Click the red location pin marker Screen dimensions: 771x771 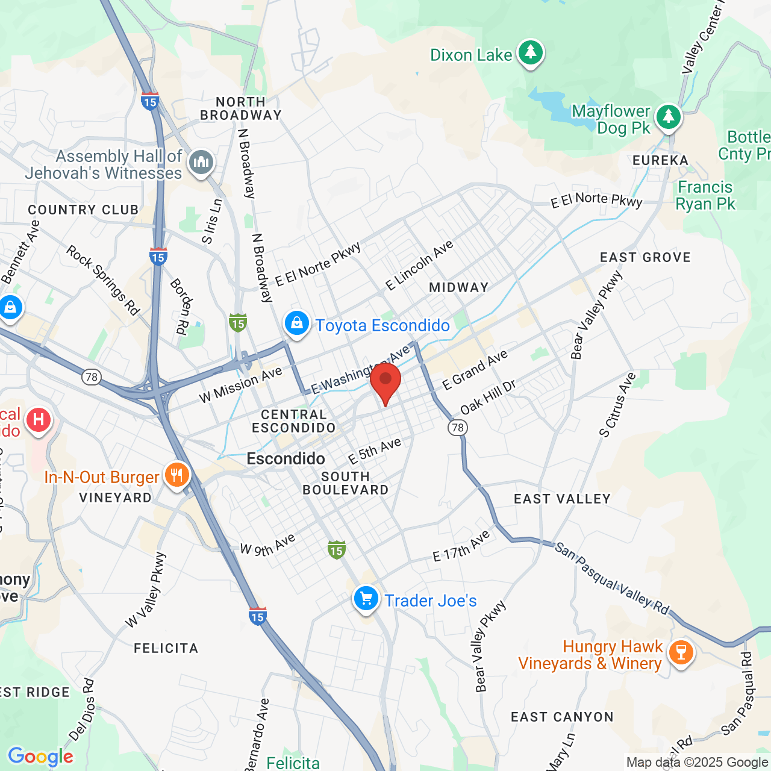pyautogui.click(x=385, y=382)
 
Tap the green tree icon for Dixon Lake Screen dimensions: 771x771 pyautogui.click(x=530, y=53)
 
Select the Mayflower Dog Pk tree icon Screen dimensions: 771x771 pyautogui.click(x=668, y=117)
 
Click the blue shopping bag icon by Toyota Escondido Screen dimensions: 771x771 pyautogui.click(x=297, y=323)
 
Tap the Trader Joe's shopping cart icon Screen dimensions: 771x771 pyautogui.click(x=366, y=599)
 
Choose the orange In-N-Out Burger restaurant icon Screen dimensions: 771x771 pyautogui.click(x=176, y=475)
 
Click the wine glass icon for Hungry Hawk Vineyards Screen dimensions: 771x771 pyautogui.click(x=681, y=652)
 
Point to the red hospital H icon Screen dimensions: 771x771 pyautogui.click(x=39, y=419)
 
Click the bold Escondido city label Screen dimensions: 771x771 pyautogui.click(x=286, y=459)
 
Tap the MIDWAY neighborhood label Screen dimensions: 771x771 pyautogui.click(x=458, y=288)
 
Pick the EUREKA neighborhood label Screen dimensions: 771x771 pyautogui.click(x=660, y=160)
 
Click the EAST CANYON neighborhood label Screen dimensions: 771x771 pyautogui.click(x=562, y=717)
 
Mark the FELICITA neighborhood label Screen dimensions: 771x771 pyautogui.click(x=166, y=648)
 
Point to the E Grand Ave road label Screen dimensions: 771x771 pyautogui.click(x=475, y=370)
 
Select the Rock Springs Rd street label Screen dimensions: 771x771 pyautogui.click(x=102, y=280)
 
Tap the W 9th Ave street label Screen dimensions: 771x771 pyautogui.click(x=267, y=545)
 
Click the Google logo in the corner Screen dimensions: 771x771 pyautogui.click(x=40, y=757)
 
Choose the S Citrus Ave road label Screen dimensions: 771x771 pyautogui.click(x=617, y=405)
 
